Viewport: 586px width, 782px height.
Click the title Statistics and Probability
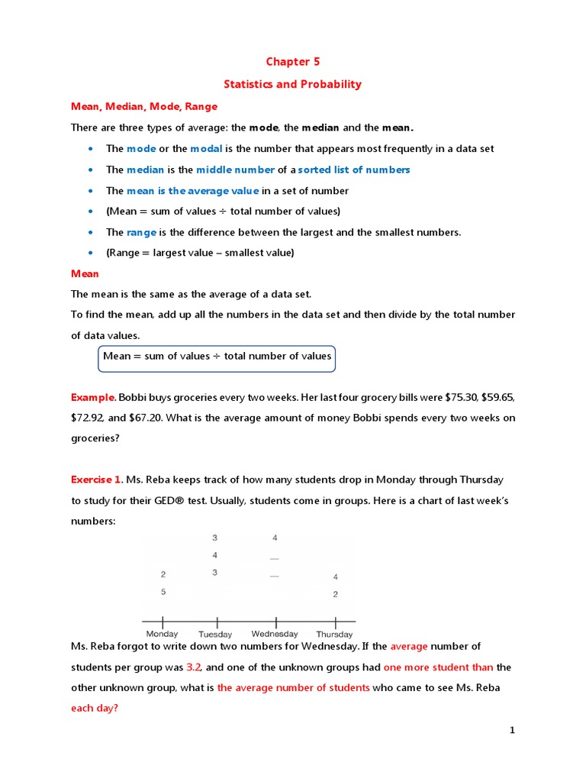(292, 84)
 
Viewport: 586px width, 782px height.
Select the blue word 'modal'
(206, 148)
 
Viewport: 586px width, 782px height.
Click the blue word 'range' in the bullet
(141, 232)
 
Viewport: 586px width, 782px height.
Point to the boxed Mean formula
(217, 357)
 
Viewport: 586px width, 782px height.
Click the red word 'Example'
(92, 397)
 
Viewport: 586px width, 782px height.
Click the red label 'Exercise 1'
(96, 480)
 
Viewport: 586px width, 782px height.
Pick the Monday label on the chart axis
(162, 634)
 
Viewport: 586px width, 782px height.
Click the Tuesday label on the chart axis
(215, 634)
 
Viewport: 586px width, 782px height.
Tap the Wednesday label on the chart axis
(275, 634)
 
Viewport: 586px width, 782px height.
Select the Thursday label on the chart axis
(334, 634)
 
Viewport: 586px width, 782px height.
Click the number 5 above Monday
(163, 592)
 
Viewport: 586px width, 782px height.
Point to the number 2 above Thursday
(335, 594)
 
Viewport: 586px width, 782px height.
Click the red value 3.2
(194, 667)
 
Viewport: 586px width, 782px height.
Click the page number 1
(513, 731)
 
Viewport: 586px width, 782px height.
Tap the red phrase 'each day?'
(94, 708)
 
